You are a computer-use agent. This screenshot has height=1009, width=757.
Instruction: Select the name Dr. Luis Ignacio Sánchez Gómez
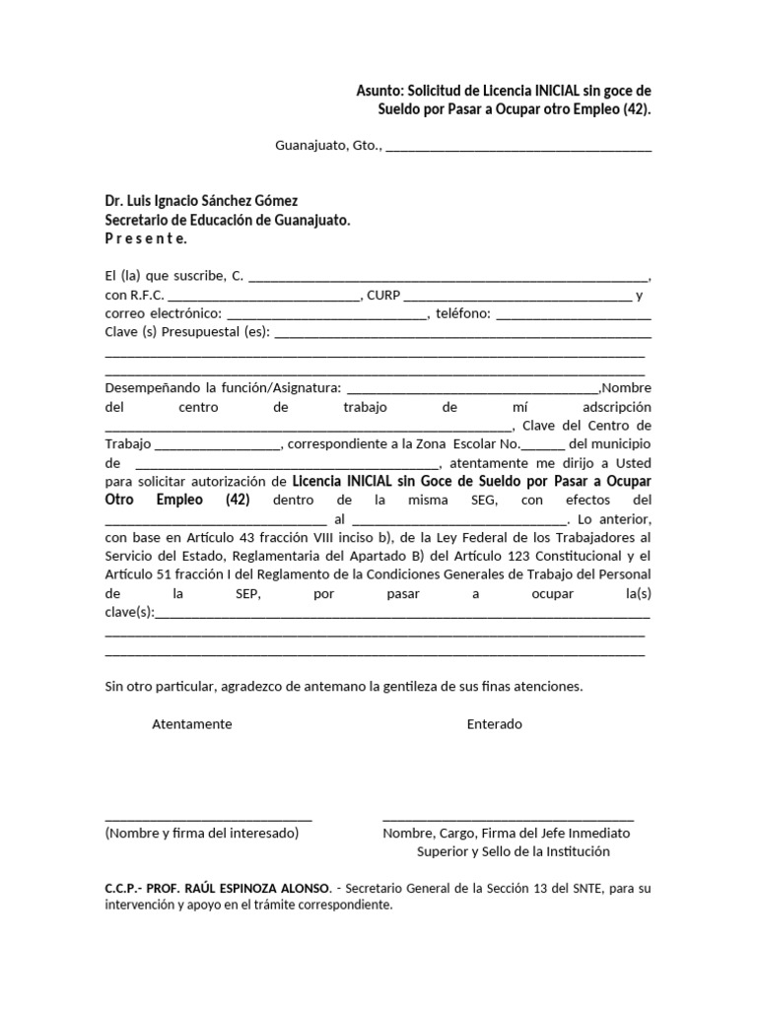(201, 200)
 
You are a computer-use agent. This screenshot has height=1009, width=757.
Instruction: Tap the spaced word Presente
(145, 238)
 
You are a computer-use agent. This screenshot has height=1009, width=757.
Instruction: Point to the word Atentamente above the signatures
(192, 724)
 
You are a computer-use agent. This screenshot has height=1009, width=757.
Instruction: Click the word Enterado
(495, 724)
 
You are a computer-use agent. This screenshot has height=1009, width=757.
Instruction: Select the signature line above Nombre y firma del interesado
(208, 819)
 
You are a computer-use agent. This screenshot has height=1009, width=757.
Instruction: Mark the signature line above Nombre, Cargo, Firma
(508, 819)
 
